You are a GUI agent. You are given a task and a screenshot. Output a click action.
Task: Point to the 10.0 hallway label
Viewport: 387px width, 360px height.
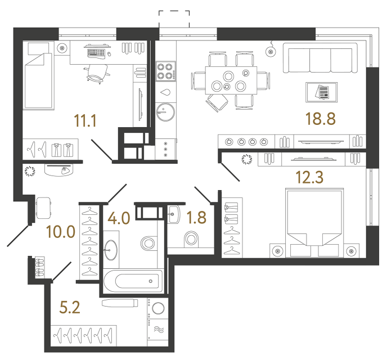(x=62, y=231)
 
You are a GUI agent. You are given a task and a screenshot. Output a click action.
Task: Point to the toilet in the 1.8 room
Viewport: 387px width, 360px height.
(x=191, y=240)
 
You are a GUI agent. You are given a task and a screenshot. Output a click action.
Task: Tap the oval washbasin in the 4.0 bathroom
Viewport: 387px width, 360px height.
(x=111, y=249)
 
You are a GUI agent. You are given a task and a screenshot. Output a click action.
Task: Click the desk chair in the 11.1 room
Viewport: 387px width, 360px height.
(x=97, y=71)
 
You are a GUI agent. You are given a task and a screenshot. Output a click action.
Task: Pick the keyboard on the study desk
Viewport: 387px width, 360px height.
(x=96, y=52)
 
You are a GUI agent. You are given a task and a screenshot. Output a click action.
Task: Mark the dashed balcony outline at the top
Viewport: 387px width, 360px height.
(x=174, y=17)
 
